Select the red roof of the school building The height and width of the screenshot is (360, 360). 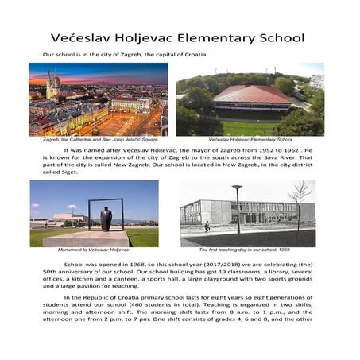[252, 95]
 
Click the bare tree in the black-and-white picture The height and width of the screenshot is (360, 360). [300, 202]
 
